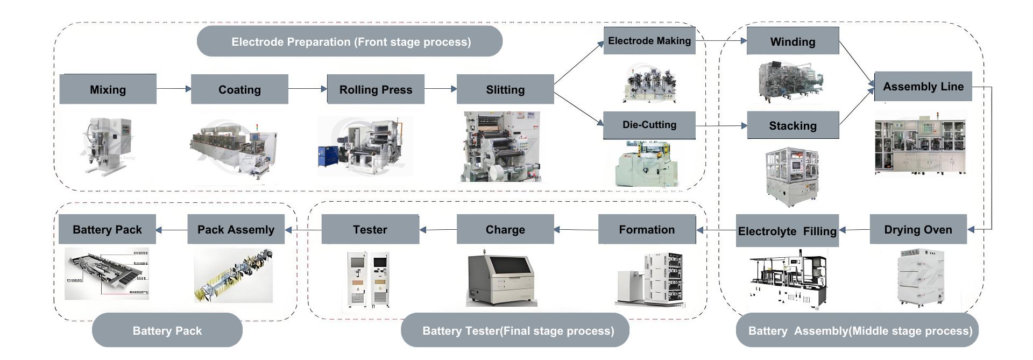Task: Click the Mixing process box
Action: tap(108, 89)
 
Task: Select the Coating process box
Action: tap(239, 89)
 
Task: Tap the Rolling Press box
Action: tap(376, 89)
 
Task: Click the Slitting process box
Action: tap(505, 89)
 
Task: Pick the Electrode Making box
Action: tap(649, 41)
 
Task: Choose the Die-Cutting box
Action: tap(649, 125)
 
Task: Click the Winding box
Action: tap(793, 41)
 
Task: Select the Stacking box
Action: tap(793, 125)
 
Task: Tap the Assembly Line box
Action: tap(923, 86)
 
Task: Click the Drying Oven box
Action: tap(918, 230)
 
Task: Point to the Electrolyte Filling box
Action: tap(787, 231)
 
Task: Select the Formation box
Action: tap(647, 230)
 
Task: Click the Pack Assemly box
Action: tap(236, 230)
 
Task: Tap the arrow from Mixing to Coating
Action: tap(174, 89)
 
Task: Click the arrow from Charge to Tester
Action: tap(438, 230)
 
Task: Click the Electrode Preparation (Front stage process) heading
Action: tap(350, 41)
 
